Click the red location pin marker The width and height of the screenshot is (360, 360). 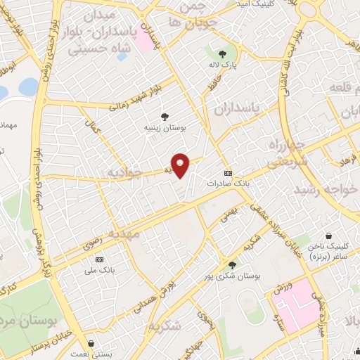[181, 165]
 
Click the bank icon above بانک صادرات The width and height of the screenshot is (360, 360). [228, 172]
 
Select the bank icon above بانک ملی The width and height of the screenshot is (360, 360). [98, 259]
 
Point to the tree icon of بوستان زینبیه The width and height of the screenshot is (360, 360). [165, 117]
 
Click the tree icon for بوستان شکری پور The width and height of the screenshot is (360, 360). [233, 265]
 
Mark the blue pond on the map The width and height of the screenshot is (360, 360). [28, 86]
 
